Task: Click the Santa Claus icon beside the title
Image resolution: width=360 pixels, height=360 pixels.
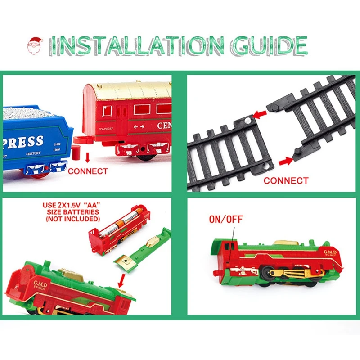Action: (36, 46)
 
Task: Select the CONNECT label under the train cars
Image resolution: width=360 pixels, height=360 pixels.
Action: (88, 171)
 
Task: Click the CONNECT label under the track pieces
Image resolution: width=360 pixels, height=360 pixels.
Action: (286, 180)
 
